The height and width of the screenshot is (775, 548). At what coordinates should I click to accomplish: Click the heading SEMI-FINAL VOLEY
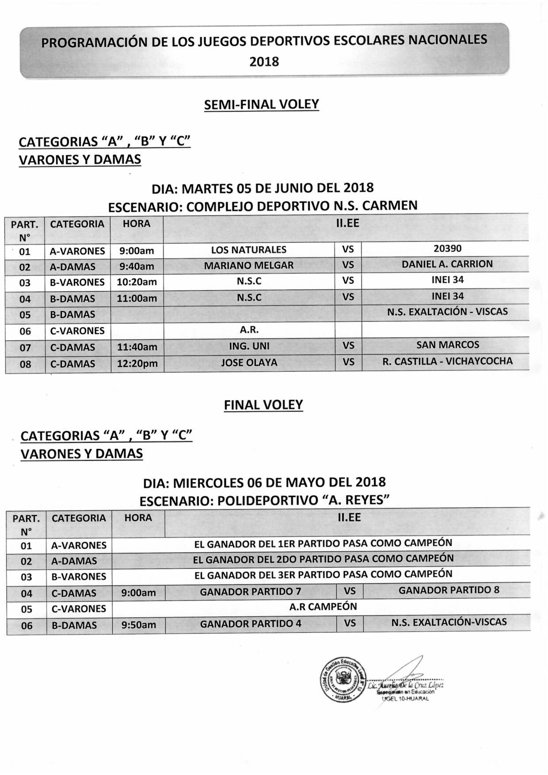tap(261, 104)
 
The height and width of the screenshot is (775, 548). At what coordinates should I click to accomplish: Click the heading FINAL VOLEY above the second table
tap(263, 405)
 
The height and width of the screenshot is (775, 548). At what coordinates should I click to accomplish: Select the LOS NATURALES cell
tap(249, 250)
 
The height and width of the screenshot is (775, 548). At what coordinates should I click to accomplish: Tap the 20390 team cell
tap(447, 248)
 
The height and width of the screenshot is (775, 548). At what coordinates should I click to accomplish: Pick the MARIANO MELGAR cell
tap(249, 266)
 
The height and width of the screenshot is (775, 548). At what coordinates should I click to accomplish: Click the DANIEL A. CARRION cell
tap(447, 264)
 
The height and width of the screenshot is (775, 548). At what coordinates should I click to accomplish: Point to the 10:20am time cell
tap(137, 282)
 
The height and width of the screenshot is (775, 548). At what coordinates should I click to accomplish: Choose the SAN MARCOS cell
tap(448, 345)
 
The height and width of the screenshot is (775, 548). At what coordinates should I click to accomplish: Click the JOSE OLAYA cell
tap(249, 363)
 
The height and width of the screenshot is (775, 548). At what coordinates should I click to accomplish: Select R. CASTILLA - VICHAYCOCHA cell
tap(447, 361)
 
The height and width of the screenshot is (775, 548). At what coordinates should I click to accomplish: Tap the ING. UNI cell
tap(249, 346)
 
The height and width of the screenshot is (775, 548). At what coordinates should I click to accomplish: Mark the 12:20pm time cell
tap(137, 363)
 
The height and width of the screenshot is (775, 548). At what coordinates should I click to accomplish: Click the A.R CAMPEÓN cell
tap(323, 607)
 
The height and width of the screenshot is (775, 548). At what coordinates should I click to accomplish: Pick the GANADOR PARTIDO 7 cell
tap(251, 592)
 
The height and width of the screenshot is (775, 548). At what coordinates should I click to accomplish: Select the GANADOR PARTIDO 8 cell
tap(449, 590)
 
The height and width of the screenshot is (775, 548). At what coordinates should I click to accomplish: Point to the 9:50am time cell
tap(138, 624)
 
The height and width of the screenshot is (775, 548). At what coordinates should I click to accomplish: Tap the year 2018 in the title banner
tap(264, 61)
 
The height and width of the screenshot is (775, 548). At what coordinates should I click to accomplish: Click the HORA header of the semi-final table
tap(137, 224)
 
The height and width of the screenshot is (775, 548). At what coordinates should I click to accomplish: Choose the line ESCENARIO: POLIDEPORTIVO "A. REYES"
tap(264, 501)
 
